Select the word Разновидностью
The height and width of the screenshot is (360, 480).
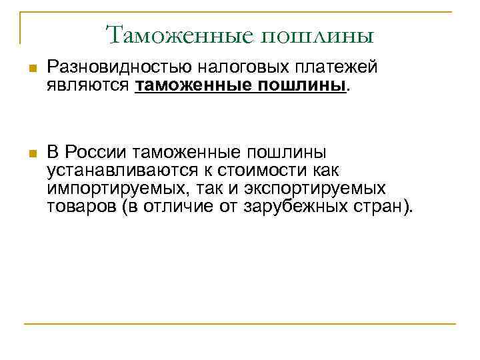tap(118, 67)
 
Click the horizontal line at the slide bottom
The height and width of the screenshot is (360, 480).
tap(240, 324)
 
